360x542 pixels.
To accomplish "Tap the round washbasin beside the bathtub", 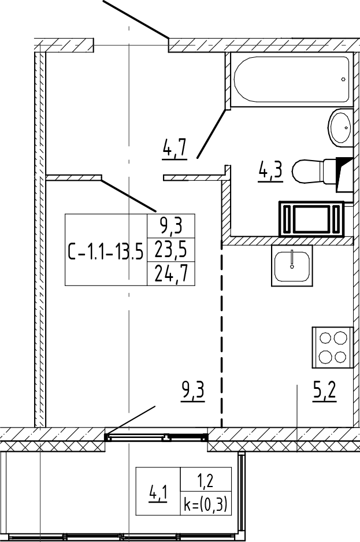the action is click(340, 128).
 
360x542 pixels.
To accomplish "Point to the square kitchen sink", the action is click(292, 265).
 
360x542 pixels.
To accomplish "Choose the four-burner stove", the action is click(333, 348).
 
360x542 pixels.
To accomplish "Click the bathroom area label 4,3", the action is click(270, 172).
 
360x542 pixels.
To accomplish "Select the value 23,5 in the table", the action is click(171, 250).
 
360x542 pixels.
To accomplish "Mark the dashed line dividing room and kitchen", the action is click(222, 332).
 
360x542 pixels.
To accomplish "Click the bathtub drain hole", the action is click(343, 79).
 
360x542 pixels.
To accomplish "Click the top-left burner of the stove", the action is click(326, 337).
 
